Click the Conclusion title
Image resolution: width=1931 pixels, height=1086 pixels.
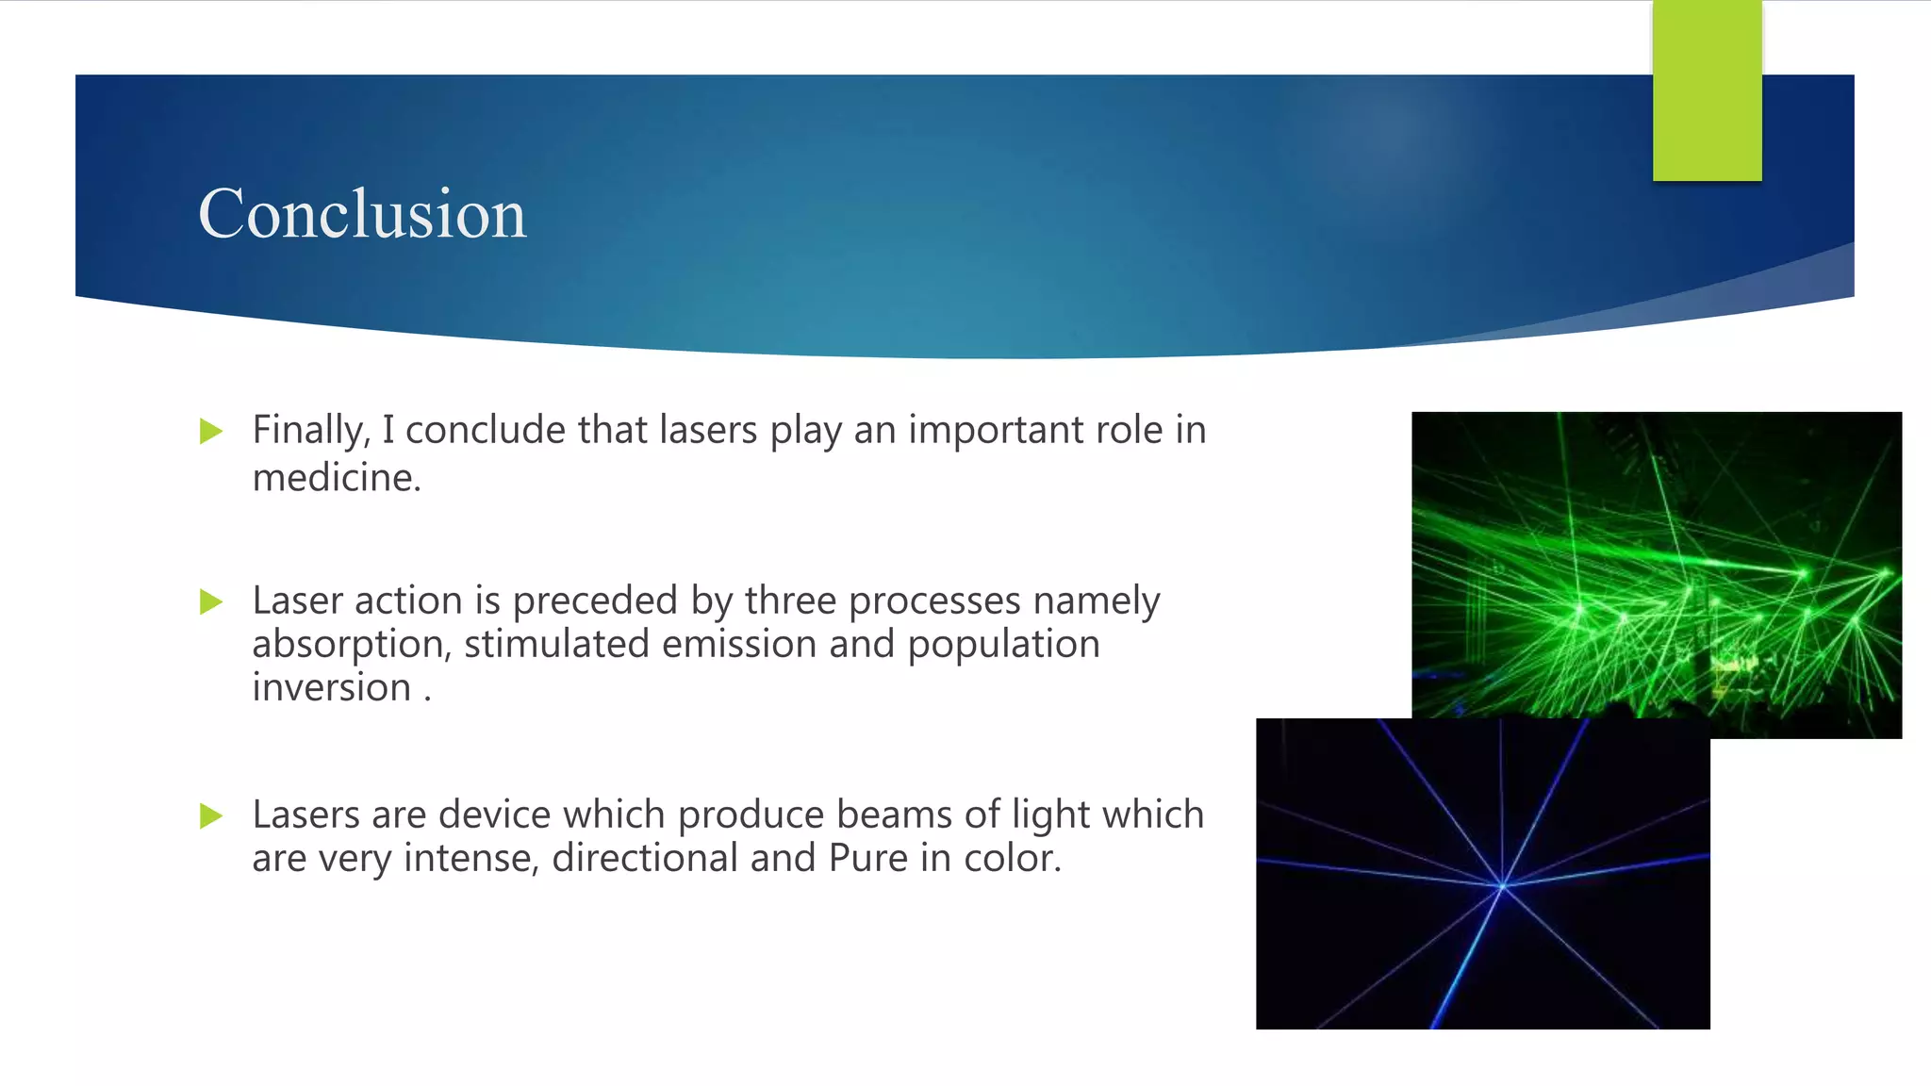362,214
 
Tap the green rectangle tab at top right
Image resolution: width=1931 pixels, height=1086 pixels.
1707,90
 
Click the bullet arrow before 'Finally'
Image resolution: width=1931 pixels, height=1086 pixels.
211,432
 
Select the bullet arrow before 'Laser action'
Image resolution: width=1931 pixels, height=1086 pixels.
211,601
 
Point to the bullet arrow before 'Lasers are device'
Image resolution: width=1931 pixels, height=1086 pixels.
211,815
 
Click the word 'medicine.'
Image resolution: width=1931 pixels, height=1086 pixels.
337,478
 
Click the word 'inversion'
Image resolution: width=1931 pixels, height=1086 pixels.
331,688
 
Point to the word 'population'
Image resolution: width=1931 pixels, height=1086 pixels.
1003,646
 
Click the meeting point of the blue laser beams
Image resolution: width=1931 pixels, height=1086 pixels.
1502,885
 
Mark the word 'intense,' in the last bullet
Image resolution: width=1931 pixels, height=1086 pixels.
470,859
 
